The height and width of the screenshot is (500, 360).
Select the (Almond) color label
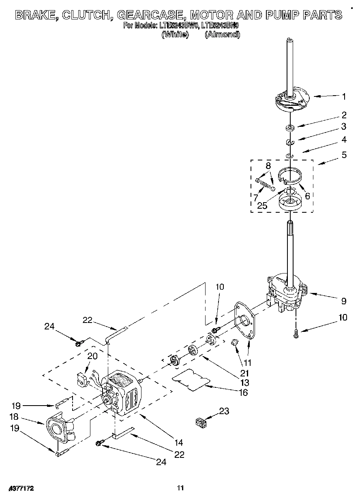[x=222, y=34]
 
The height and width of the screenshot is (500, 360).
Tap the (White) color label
[x=175, y=34]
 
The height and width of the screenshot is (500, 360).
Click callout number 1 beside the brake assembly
[x=344, y=96]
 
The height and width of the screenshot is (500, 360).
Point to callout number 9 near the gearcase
[x=344, y=301]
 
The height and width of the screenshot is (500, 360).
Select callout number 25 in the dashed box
[x=262, y=205]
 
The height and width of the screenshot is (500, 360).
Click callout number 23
[x=224, y=412]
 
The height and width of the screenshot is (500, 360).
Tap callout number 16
[x=244, y=392]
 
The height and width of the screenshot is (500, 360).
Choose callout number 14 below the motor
[x=179, y=442]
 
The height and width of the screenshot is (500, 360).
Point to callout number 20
[x=92, y=356]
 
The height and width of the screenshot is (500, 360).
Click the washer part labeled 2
[x=290, y=128]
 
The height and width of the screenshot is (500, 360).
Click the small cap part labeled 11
[x=234, y=343]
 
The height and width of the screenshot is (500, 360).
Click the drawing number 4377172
[x=19, y=489]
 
